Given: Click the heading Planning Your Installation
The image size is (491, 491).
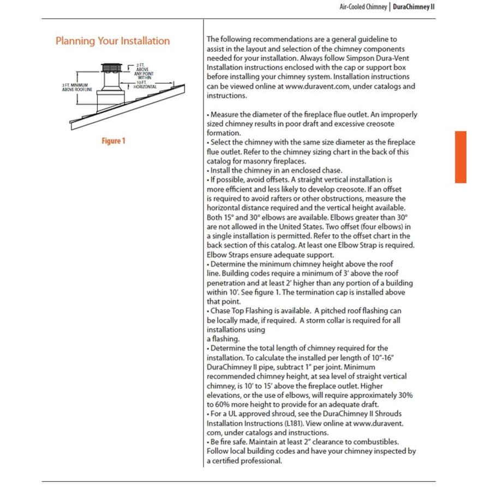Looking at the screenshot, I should click(x=112, y=41).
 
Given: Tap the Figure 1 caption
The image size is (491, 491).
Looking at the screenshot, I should click(x=113, y=141).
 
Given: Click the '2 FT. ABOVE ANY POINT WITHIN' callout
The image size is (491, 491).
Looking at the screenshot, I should click(x=145, y=71).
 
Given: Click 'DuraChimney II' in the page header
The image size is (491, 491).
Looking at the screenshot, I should click(x=414, y=7).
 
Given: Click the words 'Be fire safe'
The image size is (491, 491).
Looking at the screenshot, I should click(x=231, y=441).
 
